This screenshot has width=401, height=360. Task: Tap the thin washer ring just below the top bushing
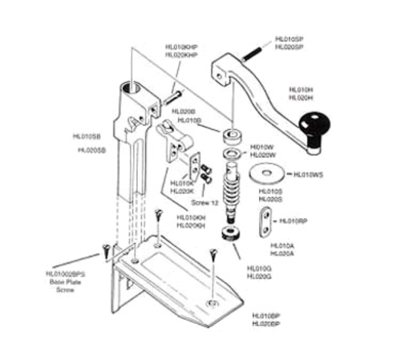coord(231,152)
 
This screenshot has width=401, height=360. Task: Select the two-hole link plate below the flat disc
coord(265,219)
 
